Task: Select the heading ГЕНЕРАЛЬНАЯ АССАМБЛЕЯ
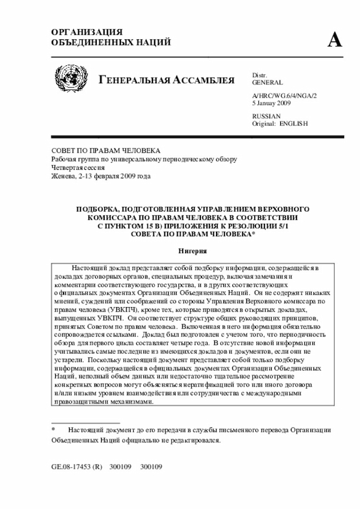pyautogui.click(x=166, y=80)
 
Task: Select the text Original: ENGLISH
pyautogui.click(x=280, y=123)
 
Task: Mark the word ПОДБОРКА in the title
pyautogui.click(x=99, y=209)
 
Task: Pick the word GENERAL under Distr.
pyautogui.click(x=267, y=82)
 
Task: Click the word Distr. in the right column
pyautogui.click(x=259, y=75)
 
